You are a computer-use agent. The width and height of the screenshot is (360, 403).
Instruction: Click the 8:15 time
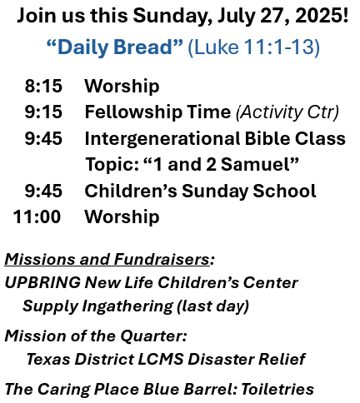43,86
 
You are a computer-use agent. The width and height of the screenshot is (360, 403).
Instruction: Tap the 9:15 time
43,112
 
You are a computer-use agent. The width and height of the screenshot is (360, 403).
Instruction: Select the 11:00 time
37,216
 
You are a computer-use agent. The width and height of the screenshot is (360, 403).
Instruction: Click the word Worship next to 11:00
122,217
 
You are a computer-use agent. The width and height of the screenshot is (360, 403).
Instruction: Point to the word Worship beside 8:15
122,87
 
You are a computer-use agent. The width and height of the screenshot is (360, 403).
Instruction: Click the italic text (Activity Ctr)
287,112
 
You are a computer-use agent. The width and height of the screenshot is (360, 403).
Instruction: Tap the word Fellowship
133,112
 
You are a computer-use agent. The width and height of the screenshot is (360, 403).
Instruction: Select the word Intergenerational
162,138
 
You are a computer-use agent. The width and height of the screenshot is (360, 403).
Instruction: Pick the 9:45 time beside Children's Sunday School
43,191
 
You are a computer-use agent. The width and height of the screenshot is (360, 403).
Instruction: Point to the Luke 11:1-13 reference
254,47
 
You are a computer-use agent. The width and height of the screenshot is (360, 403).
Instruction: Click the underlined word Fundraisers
162,259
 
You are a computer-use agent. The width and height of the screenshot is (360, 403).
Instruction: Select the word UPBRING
42,282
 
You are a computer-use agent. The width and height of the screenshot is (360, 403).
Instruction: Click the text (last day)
212,306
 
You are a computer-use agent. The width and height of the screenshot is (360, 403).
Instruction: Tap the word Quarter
153,336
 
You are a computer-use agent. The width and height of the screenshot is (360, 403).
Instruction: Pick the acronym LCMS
161,359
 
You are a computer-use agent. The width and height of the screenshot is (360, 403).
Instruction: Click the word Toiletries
277,389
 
